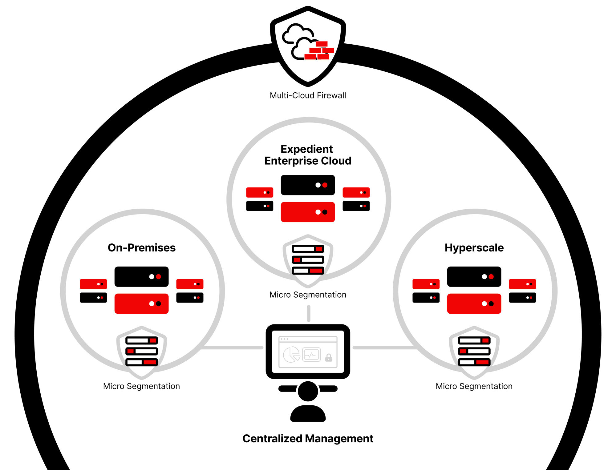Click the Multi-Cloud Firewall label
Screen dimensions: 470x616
click(308, 95)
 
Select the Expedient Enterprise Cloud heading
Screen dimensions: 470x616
click(307, 155)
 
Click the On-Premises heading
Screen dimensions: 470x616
click(141, 248)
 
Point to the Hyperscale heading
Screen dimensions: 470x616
click(474, 248)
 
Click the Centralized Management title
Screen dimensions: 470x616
click(308, 438)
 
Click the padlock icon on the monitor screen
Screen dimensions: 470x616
click(329, 358)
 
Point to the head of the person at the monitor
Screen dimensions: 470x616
click(308, 391)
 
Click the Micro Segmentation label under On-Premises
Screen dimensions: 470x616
click(141, 386)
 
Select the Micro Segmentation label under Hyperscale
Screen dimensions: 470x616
click(474, 386)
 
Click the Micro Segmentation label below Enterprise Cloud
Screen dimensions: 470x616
click(308, 295)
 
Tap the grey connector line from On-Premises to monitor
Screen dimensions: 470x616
click(233, 348)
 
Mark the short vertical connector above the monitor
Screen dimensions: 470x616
click(309, 314)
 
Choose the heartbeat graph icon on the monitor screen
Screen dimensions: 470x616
click(311, 355)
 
